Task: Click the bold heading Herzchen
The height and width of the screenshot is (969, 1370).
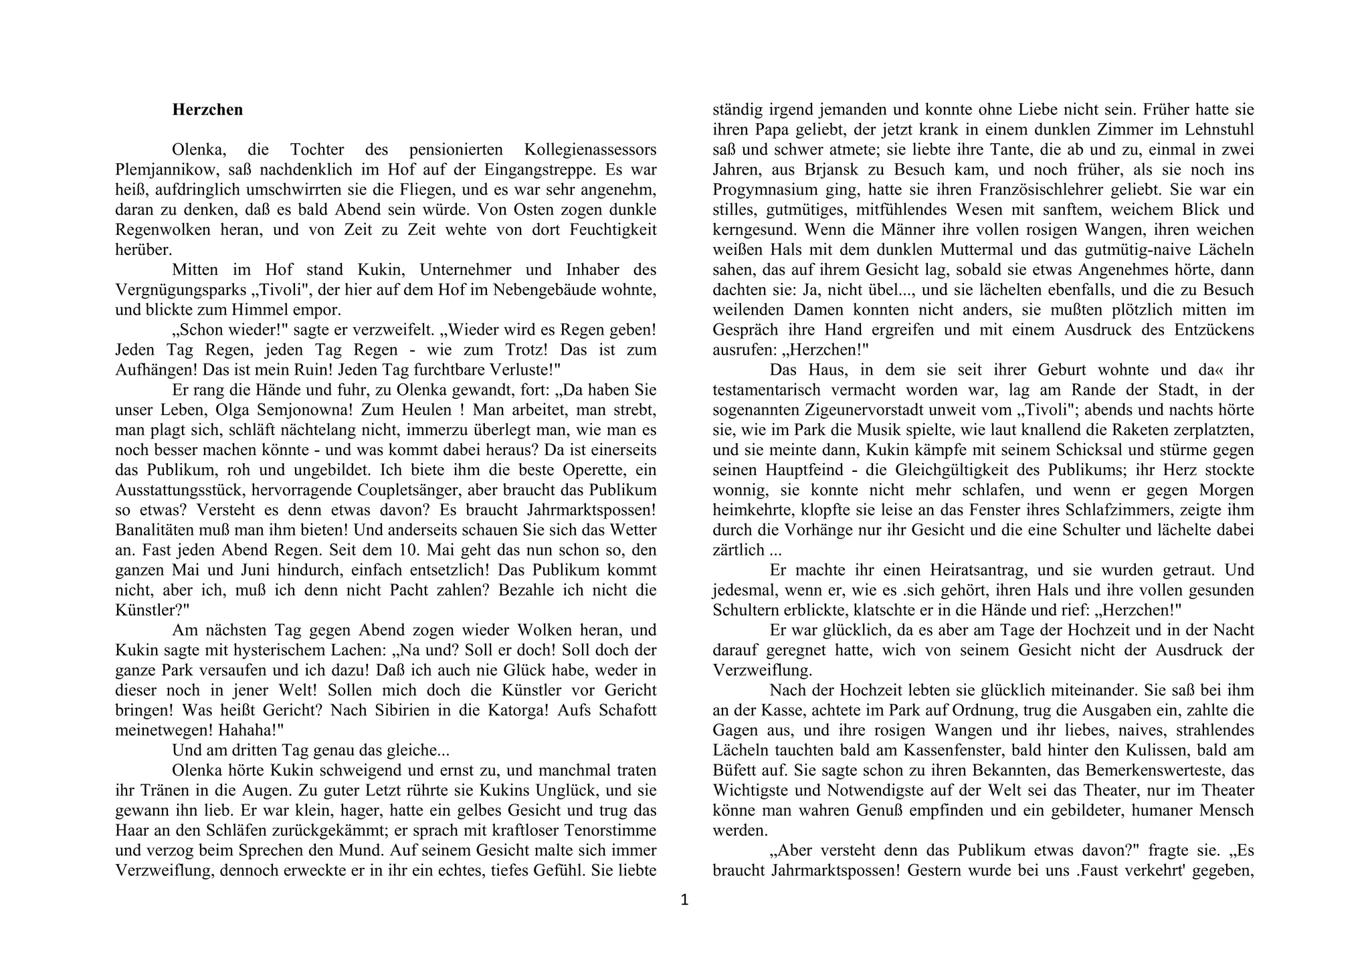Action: pyautogui.click(x=207, y=110)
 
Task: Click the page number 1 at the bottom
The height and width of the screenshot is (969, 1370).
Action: pyautogui.click(x=684, y=901)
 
